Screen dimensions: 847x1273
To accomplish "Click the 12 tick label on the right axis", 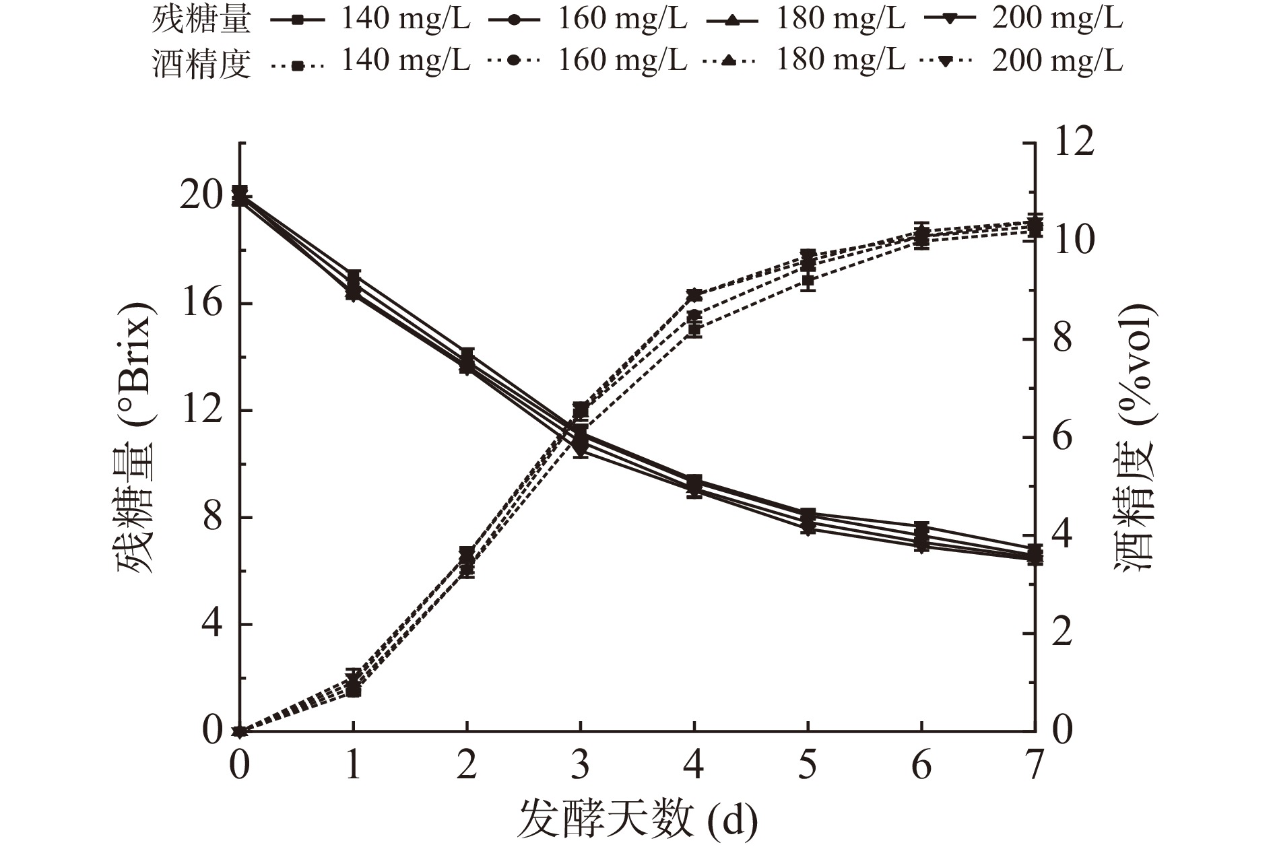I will [x=1072, y=143].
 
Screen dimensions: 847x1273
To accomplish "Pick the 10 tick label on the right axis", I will [x=1072, y=241].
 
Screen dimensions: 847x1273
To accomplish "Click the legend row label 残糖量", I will [x=201, y=20].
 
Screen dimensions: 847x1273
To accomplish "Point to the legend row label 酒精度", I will [x=201, y=63].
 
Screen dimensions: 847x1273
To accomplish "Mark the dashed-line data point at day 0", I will [x=240, y=731].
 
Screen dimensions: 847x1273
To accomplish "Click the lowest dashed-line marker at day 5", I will [x=808, y=281].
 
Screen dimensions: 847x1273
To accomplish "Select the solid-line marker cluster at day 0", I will [x=240, y=196].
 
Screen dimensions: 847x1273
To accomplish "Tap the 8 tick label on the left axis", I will [x=211, y=518].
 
